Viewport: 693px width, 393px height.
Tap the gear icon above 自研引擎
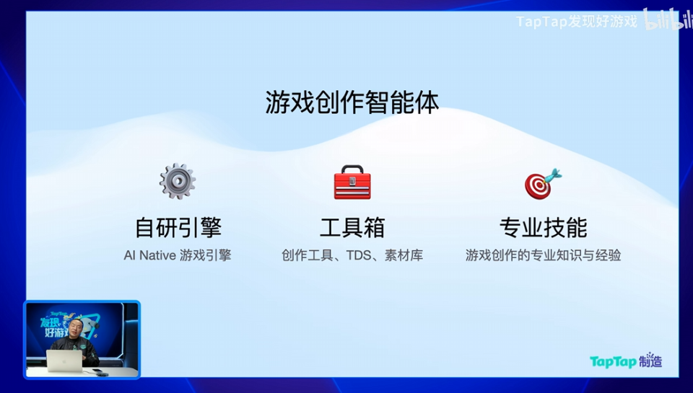(178, 181)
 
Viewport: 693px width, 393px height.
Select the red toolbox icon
(352, 182)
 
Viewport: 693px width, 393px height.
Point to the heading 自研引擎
(178, 228)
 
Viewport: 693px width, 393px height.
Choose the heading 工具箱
(352, 228)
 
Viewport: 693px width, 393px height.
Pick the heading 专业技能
(543, 228)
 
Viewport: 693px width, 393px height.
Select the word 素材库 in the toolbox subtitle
(404, 255)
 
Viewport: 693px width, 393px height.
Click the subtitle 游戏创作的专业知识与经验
(543, 255)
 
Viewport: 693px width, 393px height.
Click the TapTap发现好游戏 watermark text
(577, 22)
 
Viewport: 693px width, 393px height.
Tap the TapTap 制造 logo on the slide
(625, 361)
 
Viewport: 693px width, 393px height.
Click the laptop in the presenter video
(64, 361)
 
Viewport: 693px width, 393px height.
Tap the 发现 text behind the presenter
(53, 321)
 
